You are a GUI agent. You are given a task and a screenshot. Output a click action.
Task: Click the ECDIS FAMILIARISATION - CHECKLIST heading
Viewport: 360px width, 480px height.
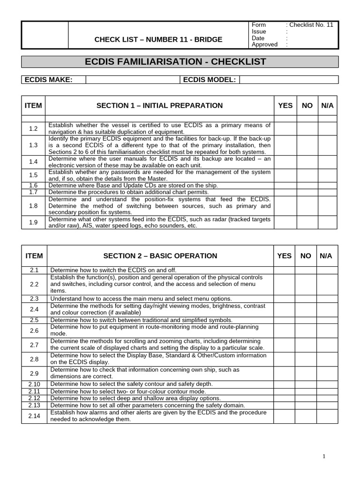(x=175, y=62)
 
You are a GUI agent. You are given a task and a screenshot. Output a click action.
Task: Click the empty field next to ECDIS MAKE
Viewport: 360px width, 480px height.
(x=133, y=80)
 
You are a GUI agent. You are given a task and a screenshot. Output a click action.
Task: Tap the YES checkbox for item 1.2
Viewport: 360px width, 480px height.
(x=285, y=128)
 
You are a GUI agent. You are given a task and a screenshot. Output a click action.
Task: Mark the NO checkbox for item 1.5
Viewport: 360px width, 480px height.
(x=307, y=175)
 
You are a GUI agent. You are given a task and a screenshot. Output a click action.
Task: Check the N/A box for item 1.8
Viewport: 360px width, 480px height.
(x=328, y=205)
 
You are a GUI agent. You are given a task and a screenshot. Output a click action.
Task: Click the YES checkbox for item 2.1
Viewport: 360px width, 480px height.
(x=285, y=270)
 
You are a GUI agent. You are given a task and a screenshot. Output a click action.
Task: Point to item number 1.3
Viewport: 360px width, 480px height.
(x=33, y=145)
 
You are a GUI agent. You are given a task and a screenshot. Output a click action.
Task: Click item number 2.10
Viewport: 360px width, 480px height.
(x=34, y=384)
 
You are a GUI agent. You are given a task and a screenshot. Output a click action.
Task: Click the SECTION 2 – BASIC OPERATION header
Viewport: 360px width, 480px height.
(x=160, y=256)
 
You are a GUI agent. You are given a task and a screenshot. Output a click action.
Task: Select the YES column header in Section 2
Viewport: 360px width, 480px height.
(x=285, y=256)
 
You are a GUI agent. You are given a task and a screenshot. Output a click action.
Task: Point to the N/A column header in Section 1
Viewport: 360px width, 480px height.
(x=328, y=105)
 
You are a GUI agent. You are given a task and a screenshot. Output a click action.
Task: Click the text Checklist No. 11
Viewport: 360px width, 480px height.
(x=311, y=25)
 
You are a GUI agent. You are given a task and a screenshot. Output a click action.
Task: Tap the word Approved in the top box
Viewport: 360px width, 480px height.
(x=264, y=45)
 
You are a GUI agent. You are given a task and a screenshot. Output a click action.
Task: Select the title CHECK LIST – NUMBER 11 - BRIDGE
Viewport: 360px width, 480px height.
(x=158, y=39)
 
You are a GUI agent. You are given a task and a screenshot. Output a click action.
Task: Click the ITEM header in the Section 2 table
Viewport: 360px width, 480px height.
(x=34, y=256)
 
